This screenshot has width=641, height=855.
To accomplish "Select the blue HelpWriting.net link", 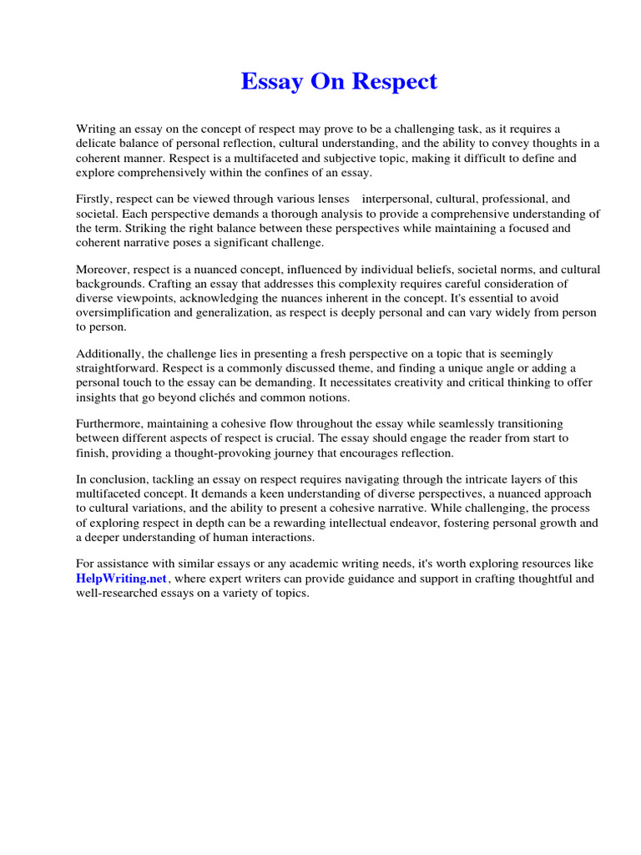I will [x=122, y=579].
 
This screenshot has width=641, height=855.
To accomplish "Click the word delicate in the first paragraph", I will [x=96, y=143].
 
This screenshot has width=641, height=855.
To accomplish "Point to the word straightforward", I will [x=115, y=368].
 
